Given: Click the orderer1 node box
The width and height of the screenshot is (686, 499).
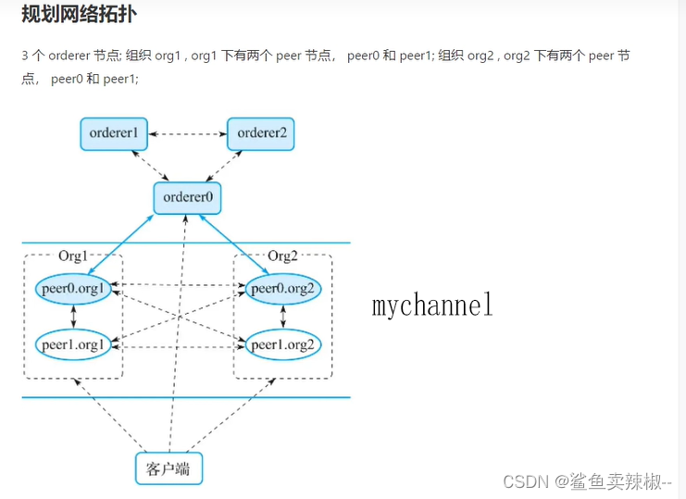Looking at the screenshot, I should pos(114,133).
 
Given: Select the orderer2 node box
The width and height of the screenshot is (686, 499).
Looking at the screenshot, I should pos(261,133).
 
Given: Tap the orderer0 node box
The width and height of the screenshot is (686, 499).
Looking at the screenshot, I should pos(188,197).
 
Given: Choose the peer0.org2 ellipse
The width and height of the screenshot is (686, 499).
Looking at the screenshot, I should pos(284,289).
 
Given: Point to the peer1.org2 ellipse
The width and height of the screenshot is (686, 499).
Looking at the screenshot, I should pos(284,345).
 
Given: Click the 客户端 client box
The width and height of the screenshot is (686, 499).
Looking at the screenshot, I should pos(168,468).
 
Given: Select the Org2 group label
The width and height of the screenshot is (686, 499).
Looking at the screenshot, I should pos(282,256).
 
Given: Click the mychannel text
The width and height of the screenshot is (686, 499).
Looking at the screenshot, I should pos(432,306).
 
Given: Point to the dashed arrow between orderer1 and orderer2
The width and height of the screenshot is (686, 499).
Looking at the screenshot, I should pos(188,134).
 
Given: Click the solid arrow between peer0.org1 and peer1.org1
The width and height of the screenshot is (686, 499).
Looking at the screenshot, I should pos(73,317).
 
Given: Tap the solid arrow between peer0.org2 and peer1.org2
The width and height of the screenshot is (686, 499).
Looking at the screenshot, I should pos(282,317).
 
